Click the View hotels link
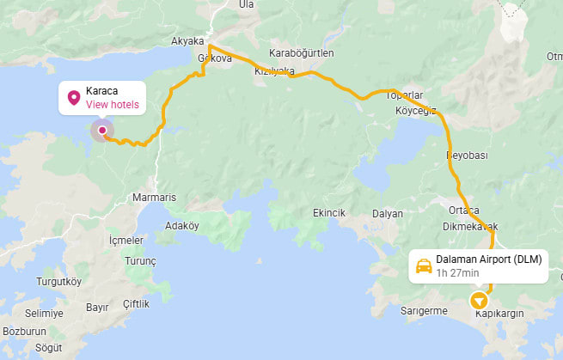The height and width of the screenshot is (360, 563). tap(112, 105)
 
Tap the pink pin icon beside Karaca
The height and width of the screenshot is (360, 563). tap(73, 98)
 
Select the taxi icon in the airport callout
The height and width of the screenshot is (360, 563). tap(424, 266)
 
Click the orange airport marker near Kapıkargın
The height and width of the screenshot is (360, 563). tap(479, 301)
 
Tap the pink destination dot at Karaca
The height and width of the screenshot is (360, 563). tap(102, 131)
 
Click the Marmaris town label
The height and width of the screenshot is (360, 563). tap(155, 198)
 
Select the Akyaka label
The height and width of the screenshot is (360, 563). tap(187, 40)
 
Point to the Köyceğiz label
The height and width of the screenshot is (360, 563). tap(416, 111)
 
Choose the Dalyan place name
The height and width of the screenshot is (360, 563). tap(388, 213)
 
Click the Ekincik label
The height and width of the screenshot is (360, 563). tap(329, 213)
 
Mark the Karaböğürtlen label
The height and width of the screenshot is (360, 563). tap(302, 52)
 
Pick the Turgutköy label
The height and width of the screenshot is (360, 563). tap(58, 282)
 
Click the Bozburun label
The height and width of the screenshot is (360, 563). tap(24, 331)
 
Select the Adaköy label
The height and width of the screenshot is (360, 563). tap(181, 227)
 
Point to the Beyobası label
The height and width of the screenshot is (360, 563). tap(467, 156)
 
